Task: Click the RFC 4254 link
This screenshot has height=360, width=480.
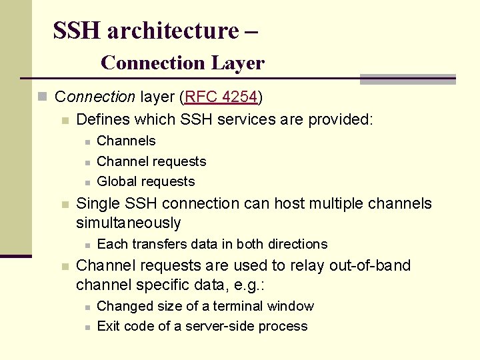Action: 221,97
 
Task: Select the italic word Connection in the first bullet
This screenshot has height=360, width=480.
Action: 95,97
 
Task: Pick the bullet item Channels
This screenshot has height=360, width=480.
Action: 126,141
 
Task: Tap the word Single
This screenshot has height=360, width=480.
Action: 97,203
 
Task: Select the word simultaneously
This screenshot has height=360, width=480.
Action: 128,223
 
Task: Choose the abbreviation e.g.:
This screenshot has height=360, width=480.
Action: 250,285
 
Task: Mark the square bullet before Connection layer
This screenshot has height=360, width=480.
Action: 43,97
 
